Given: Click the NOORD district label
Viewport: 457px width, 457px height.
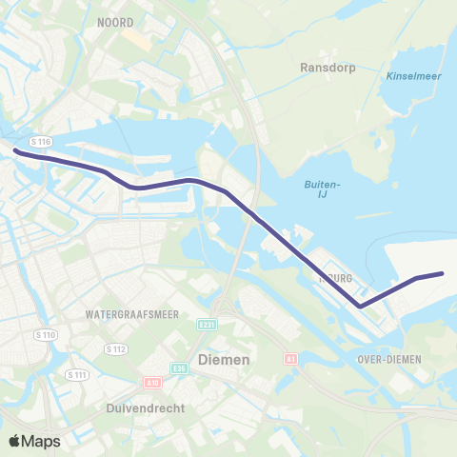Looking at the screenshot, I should point(115,21).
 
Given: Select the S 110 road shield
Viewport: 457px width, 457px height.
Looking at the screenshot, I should point(45,335).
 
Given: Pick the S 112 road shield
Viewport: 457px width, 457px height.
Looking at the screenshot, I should point(115,348).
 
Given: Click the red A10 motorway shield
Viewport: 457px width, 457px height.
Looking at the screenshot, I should point(152,382).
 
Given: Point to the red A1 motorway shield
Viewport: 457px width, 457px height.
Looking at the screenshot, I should point(291,359).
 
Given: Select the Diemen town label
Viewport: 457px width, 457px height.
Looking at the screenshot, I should point(223,360).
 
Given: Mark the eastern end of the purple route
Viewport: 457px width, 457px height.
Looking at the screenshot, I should point(442,274).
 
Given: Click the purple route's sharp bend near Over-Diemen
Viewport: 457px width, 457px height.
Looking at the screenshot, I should point(360,306).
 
